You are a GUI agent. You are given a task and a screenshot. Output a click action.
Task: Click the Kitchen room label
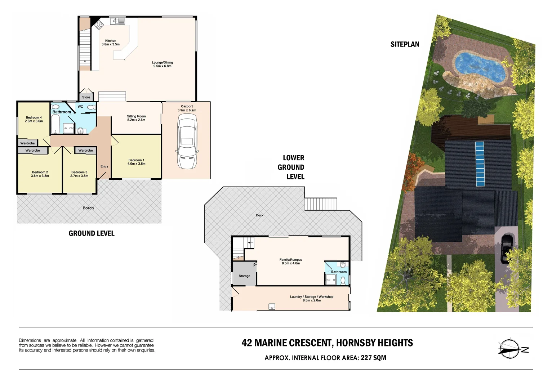[x=111, y=43]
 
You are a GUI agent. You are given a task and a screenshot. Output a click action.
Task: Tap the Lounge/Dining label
[x=162, y=64]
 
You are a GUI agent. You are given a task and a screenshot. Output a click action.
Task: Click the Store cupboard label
[x=86, y=97]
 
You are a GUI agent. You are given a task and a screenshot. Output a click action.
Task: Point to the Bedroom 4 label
[x=34, y=119]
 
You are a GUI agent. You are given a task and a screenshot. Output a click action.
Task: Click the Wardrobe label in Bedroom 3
[x=85, y=151]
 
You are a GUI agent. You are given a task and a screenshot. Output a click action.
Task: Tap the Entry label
[x=104, y=166]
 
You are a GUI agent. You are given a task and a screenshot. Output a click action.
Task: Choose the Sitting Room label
[x=136, y=118]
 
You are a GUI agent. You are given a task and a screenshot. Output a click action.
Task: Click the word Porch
[x=88, y=208]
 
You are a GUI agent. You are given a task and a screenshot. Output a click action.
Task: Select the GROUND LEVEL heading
[x=92, y=233]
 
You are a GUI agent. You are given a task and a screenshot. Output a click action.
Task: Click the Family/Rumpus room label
[x=291, y=261]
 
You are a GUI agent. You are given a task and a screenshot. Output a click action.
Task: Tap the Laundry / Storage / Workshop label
[x=312, y=298]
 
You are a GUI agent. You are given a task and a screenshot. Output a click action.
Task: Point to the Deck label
[x=259, y=215]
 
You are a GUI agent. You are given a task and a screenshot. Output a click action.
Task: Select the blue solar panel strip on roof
[x=480, y=164]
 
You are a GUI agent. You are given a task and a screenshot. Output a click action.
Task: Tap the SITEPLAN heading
[x=405, y=44]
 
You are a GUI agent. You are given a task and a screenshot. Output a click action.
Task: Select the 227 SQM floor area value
[x=373, y=358]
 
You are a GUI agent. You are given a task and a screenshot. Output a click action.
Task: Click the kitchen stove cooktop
[x=98, y=24]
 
